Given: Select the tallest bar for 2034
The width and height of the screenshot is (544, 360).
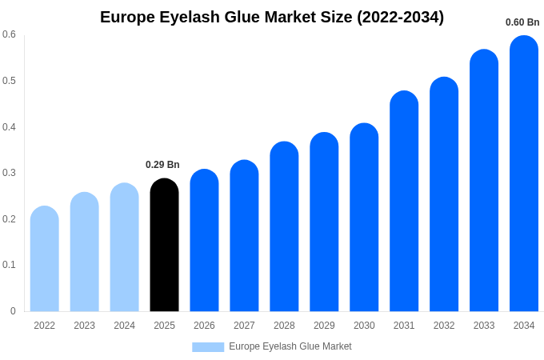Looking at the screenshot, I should click(524, 174).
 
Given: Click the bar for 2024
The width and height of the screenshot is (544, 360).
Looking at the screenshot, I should click(124, 247).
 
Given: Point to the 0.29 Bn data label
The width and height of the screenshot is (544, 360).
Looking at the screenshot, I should click(162, 165).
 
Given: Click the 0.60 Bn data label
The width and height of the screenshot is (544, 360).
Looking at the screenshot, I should click(522, 22).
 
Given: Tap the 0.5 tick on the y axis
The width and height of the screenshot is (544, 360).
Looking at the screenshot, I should click(9, 81).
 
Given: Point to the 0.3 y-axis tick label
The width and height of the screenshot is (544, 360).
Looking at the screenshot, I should click(9, 173).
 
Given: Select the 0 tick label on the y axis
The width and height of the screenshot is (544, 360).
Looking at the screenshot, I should click(13, 311).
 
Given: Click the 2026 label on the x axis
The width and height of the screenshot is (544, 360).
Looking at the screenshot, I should click(204, 326).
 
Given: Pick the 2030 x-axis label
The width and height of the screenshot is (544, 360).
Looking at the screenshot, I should click(364, 326).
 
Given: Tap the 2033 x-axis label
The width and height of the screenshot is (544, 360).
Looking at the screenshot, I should click(484, 326).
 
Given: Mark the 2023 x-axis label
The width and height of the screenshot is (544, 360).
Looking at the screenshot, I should click(84, 326).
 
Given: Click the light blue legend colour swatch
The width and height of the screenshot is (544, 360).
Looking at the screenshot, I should click(208, 346).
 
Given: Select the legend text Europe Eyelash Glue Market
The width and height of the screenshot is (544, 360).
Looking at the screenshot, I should click(290, 346).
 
